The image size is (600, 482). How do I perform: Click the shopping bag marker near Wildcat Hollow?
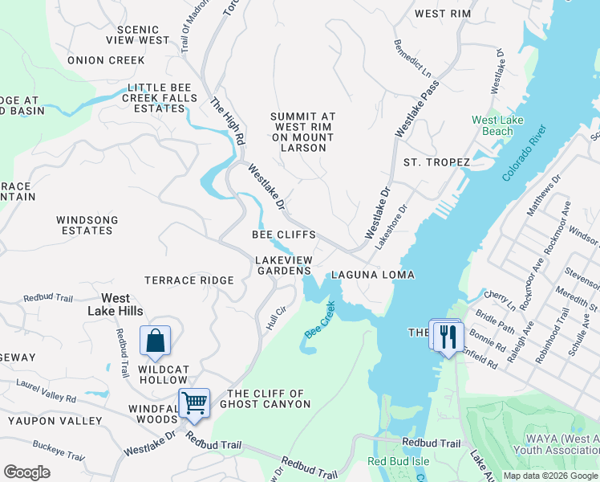(x=156, y=341)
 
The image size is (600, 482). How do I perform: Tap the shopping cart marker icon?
(x=193, y=404)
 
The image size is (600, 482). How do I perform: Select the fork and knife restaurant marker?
(x=448, y=336)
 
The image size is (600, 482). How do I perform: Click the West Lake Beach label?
(x=492, y=126)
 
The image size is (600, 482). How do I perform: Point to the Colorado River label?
(x=524, y=153)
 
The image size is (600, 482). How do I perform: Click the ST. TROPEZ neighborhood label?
(x=436, y=162)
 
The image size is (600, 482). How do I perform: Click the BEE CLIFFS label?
(x=283, y=235)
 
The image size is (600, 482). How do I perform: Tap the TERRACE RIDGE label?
(x=189, y=280)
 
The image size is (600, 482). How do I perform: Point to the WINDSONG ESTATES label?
(x=87, y=225)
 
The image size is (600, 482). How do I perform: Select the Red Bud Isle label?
(x=398, y=461)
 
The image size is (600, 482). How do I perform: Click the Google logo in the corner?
(x=27, y=472)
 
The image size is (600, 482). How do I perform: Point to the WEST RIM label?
(x=442, y=14)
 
